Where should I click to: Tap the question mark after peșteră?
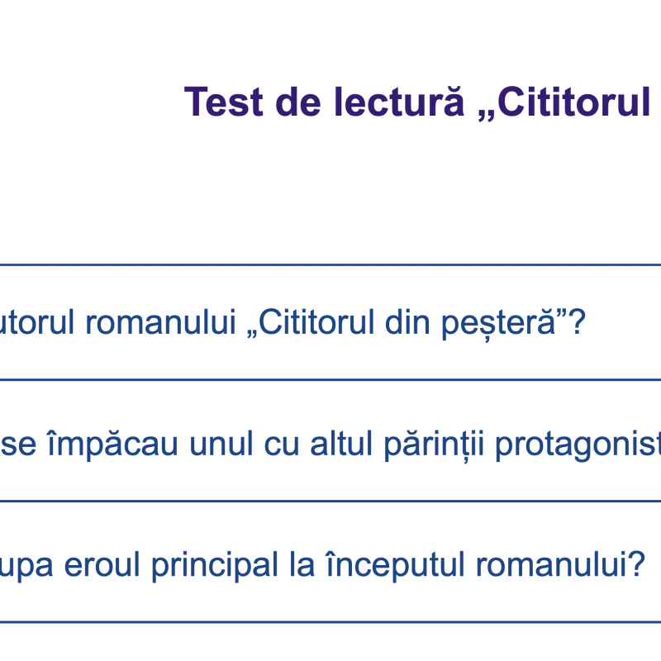[577, 323]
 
